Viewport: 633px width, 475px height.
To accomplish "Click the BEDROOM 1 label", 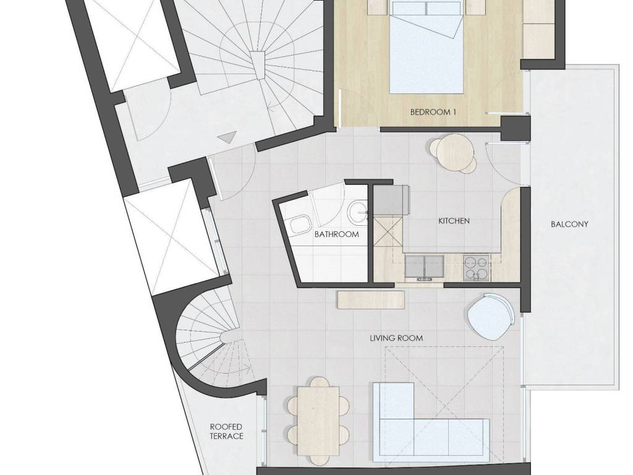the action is click(433, 112).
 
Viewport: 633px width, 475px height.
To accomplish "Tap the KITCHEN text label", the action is click(454, 221).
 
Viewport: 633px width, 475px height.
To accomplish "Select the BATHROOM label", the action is click(337, 234).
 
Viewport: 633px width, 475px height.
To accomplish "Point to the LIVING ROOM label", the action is click(396, 338).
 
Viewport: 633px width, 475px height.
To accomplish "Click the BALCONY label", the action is click(569, 224).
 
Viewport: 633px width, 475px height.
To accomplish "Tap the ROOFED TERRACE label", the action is click(226, 431).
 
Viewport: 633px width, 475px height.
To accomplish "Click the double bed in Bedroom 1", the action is click(426, 47).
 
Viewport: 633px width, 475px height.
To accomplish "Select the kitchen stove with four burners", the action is click(476, 267).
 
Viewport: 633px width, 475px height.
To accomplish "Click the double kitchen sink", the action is click(424, 267).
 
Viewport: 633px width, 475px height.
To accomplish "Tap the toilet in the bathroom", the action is click(299, 225).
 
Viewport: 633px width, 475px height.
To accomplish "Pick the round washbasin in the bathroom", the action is click(358, 212).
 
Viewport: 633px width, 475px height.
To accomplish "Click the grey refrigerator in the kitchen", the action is click(391, 200).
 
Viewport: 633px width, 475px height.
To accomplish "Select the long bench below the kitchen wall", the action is click(371, 300).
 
